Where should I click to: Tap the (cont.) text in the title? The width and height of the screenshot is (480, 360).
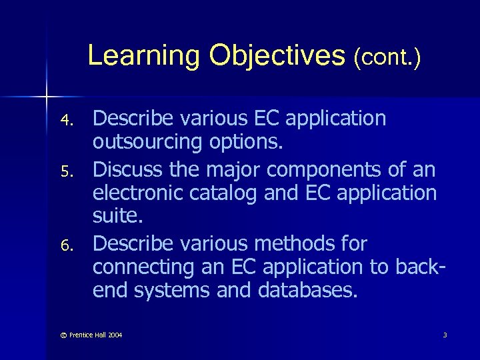coord(387,57)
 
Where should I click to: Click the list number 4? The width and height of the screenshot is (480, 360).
coord(65,121)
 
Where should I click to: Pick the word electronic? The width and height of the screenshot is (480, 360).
coord(139,193)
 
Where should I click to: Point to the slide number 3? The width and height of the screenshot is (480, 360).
coord(445,334)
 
